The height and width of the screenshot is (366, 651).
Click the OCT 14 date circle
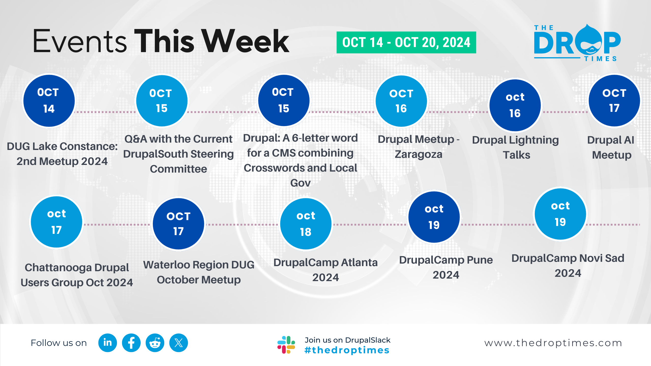pos(49,101)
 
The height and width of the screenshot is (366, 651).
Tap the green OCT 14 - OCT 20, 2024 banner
pos(406,42)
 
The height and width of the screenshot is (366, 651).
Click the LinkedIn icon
pos(108,343)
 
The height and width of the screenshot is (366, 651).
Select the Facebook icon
pos(131,343)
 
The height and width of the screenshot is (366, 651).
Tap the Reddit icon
pos(155,343)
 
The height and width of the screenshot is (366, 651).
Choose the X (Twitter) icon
pos(179,343)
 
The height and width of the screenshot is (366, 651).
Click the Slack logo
pos(286,345)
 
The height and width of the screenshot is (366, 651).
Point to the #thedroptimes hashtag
pos(347,350)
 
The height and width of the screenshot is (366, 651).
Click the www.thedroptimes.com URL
pos(553,343)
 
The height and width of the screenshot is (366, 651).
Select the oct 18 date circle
pos(306,224)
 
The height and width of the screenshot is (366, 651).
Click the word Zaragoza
pos(418,155)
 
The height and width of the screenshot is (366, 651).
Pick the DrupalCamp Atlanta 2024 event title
pos(325,270)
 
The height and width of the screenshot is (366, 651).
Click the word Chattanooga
pos(58,268)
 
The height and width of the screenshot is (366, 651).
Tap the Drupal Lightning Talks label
pos(515,147)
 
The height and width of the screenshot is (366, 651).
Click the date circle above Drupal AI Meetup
pos(614,101)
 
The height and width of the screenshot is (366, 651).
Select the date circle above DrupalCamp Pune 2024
pos(434,217)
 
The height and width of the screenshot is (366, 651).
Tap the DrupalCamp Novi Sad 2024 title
pos(568,266)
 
